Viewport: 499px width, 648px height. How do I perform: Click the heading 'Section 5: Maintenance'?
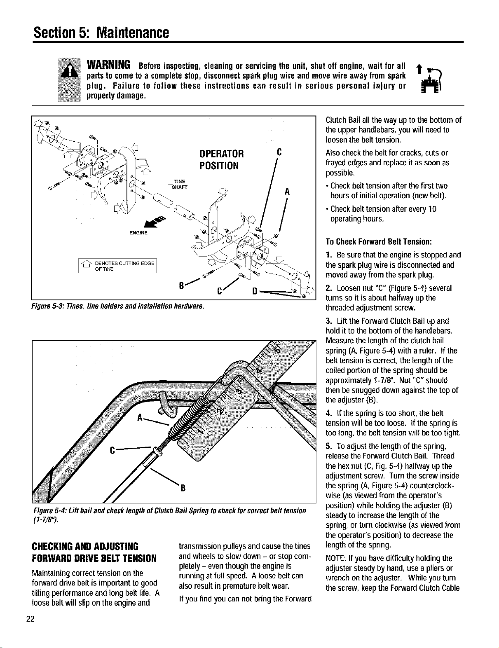point(101,33)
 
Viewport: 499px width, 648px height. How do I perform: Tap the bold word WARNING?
point(108,64)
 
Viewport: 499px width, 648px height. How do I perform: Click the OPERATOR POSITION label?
point(221,159)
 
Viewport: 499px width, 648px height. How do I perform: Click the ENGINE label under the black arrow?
point(138,233)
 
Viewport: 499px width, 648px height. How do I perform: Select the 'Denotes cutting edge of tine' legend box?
point(117,265)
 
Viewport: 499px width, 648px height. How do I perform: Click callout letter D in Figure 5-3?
point(255,291)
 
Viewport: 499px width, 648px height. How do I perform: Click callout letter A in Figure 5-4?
point(139,417)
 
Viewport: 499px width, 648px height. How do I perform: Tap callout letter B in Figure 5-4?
point(183,488)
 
